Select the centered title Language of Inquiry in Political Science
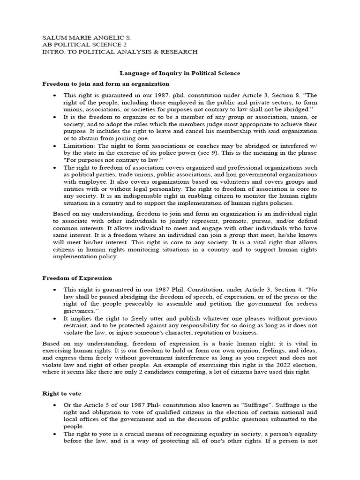point(180,73)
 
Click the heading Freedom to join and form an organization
point(105,84)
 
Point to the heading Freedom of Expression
point(77,278)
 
